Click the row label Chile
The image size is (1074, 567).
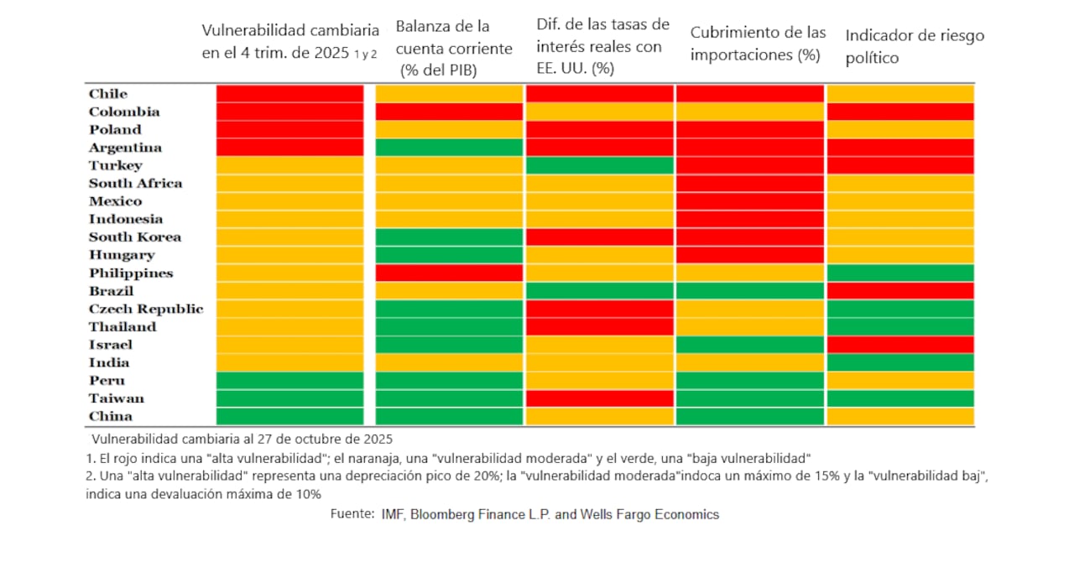[x=108, y=94]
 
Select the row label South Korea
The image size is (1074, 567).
[x=135, y=237]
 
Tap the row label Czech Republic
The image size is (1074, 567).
[x=146, y=309]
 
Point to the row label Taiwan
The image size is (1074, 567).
[x=117, y=398]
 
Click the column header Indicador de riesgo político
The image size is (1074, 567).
[x=915, y=46]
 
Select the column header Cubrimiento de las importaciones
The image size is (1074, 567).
[x=758, y=44]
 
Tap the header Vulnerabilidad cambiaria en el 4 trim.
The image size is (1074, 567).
[x=289, y=41]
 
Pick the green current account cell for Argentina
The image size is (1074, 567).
[x=449, y=148]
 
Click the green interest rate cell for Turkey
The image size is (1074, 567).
[x=599, y=165]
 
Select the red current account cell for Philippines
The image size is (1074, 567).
[x=449, y=273]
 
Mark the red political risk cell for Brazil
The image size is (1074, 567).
[x=900, y=291]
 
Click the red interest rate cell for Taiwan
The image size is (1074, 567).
[x=599, y=398]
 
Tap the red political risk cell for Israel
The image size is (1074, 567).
[x=900, y=345]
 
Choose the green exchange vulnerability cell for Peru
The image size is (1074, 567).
[x=289, y=381]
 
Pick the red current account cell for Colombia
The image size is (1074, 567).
[x=449, y=112]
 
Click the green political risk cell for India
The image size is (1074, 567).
[x=900, y=362]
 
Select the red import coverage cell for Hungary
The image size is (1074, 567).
[x=749, y=255]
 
